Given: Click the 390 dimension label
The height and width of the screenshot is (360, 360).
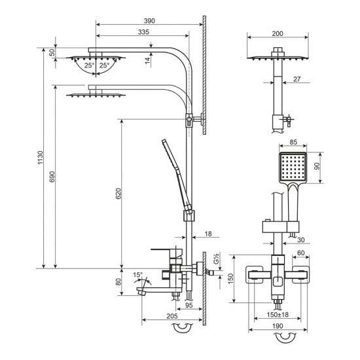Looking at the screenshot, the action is click(149, 21).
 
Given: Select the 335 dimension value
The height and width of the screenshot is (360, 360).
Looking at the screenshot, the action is click(143, 32).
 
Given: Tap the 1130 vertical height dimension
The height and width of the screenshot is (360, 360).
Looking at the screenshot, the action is click(40, 158).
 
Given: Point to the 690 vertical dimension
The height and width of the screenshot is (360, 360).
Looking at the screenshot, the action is click(52, 177).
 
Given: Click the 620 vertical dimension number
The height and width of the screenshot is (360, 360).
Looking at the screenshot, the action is click(118, 193).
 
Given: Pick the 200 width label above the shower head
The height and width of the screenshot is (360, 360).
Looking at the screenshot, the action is click(278, 34).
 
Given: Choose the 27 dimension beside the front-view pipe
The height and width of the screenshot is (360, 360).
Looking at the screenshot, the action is click(297, 79).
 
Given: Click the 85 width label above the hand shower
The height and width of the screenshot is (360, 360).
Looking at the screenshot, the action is click(293, 142).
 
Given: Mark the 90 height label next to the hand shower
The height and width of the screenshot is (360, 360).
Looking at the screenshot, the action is click(317, 166).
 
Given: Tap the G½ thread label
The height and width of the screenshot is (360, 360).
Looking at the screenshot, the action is click(216, 259).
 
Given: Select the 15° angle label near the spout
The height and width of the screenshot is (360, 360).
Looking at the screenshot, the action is click(137, 275).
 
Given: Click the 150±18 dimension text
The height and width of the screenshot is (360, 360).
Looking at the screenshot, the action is click(278, 315).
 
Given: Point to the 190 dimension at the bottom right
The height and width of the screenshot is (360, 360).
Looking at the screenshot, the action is click(278, 326).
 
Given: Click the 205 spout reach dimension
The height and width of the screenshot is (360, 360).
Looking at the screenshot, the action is click(172, 316).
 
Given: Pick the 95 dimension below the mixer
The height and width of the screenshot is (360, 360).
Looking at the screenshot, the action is click(189, 306).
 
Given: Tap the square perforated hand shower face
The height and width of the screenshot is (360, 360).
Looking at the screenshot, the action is click(293, 167).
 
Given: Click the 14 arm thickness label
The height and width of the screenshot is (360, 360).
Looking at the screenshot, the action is click(147, 61).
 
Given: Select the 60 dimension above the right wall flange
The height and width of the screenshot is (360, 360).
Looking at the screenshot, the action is click(301, 253).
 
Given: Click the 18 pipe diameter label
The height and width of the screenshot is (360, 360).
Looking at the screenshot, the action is click(208, 234).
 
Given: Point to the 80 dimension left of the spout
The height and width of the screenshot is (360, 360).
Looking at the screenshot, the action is click(118, 281).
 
